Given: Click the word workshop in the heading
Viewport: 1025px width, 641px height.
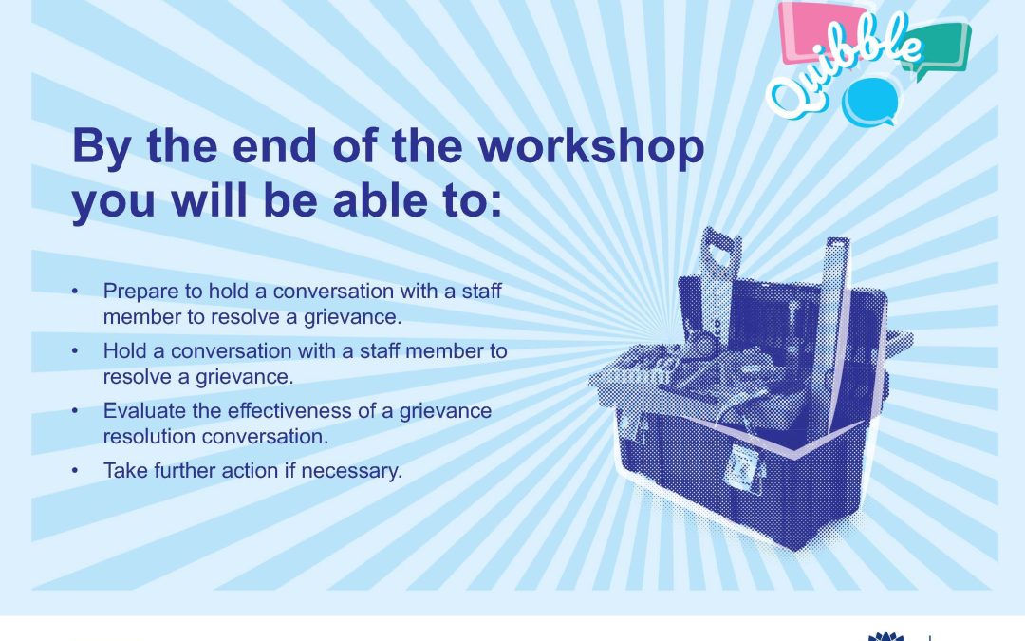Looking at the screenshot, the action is coord(591,146).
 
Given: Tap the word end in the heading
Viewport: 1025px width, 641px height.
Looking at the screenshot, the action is coord(274,145).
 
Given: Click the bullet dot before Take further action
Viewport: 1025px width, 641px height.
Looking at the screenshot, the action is coord(75,470).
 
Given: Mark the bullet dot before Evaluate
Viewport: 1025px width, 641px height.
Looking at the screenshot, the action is coord(75,411).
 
